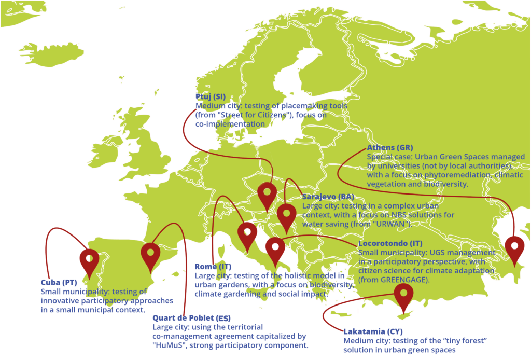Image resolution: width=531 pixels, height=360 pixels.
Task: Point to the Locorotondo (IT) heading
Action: pos(390,243)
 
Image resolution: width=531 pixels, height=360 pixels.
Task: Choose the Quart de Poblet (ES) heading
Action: pos(191,318)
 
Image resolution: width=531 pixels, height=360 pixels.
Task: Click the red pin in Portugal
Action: pos(89,261)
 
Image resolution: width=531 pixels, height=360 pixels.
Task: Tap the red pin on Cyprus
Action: pos(403,296)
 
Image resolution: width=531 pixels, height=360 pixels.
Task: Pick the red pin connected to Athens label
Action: pos(514,248)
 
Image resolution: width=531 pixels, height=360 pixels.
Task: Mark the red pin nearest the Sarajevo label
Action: pos(286,216)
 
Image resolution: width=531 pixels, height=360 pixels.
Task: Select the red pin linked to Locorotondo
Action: pos(275,251)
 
